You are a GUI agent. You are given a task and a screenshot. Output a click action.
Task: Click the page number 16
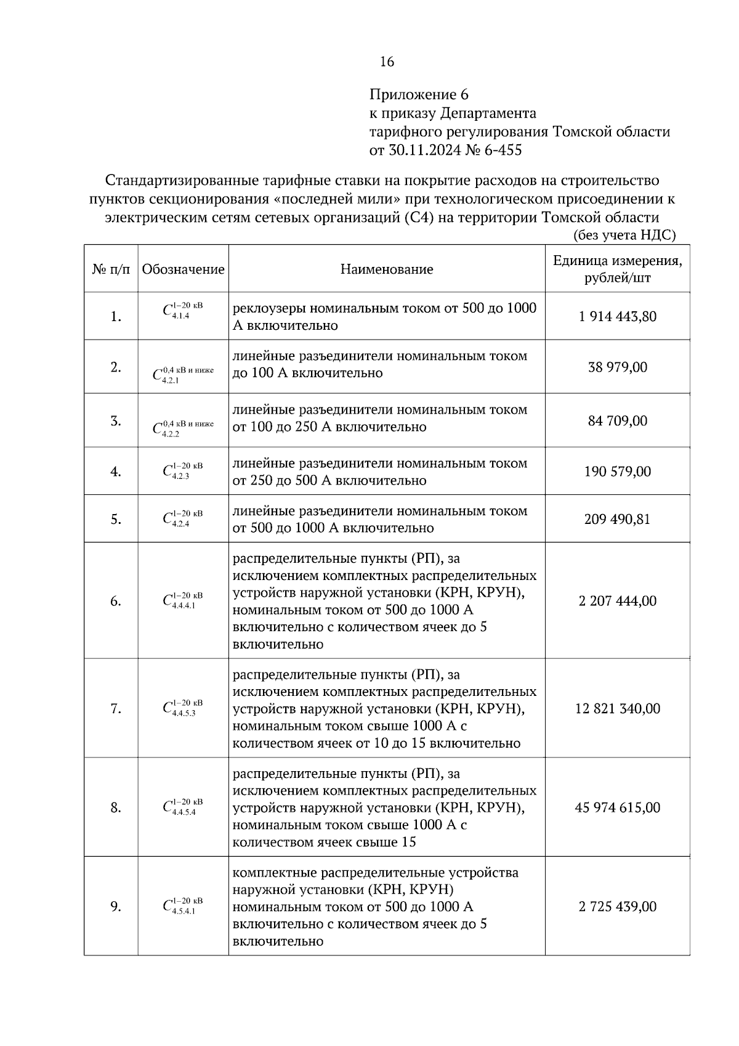pyautogui.click(x=387, y=62)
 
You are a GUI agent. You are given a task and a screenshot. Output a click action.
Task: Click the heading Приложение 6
pyautogui.click(x=419, y=95)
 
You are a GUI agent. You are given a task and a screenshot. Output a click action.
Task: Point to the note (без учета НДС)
pyautogui.click(x=624, y=235)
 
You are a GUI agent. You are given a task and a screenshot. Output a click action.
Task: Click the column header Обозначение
pyautogui.click(x=183, y=269)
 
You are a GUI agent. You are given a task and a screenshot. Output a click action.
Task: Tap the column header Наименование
pyautogui.click(x=387, y=269)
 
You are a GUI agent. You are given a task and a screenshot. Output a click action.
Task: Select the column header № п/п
pyautogui.click(x=111, y=269)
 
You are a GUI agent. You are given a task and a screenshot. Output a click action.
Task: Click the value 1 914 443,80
pyautogui.click(x=617, y=316)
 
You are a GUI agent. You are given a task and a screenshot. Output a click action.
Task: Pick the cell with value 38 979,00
pyautogui.click(x=617, y=367)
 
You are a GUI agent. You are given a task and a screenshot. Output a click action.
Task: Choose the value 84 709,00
pyautogui.click(x=617, y=420)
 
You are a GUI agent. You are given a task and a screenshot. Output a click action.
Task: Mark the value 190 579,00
pyautogui.click(x=617, y=472)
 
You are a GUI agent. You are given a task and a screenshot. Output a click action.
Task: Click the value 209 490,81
pyautogui.click(x=617, y=519)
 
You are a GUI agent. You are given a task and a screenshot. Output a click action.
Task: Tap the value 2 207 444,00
pyautogui.click(x=617, y=600)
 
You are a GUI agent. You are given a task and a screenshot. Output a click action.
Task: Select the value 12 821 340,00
pyautogui.click(x=617, y=708)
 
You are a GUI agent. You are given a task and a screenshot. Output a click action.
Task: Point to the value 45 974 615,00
pyautogui.click(x=617, y=807)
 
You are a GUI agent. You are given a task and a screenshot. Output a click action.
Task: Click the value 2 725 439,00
pyautogui.click(x=617, y=906)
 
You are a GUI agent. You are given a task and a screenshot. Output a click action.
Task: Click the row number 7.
pyautogui.click(x=115, y=709)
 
